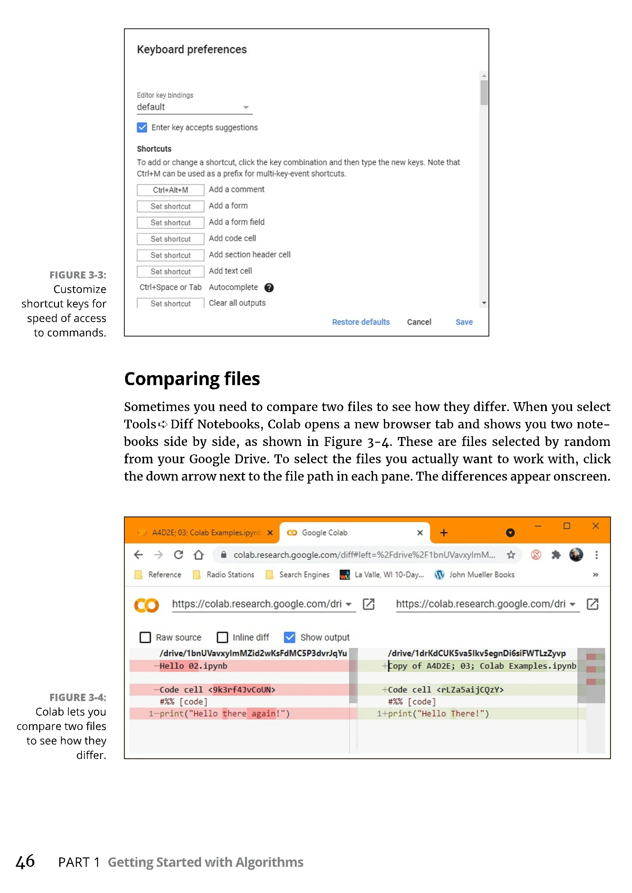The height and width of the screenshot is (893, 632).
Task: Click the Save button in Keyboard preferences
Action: [x=464, y=322]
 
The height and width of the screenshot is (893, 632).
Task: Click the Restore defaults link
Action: [x=361, y=322]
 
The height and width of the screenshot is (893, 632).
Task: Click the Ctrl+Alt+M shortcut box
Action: [x=170, y=190]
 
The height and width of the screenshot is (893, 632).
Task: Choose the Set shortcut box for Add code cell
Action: [x=170, y=239]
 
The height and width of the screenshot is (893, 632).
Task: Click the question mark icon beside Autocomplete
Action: [x=269, y=288]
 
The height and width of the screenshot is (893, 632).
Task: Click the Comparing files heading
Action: [x=192, y=379]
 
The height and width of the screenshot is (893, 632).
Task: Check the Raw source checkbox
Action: [x=145, y=637]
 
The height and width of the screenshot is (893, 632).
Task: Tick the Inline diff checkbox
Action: [x=222, y=637]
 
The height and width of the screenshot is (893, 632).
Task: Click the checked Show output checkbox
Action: [x=289, y=637]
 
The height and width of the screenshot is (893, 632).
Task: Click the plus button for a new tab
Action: [x=444, y=533]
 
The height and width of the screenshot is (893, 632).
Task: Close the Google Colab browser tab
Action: [x=420, y=533]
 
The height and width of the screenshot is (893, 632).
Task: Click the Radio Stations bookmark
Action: [x=230, y=575]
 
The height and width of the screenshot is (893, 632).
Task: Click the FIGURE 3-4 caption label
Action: [x=78, y=697]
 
